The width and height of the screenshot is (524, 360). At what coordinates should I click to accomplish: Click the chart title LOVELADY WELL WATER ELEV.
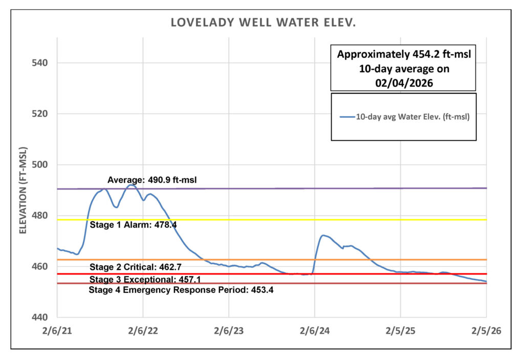[x=264, y=23]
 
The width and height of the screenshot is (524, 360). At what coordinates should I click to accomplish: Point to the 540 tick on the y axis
[x=40, y=63]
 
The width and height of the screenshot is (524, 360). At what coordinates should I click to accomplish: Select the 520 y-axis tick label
[x=40, y=114]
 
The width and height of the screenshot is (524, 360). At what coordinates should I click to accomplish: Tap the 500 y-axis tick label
[x=40, y=165]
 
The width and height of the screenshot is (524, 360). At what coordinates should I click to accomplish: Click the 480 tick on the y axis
[x=40, y=216]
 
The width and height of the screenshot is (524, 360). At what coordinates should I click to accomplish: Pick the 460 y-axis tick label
[x=40, y=267]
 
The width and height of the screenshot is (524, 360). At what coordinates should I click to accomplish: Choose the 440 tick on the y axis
[x=40, y=317]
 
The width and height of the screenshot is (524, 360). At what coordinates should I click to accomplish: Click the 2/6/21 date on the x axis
[x=57, y=331]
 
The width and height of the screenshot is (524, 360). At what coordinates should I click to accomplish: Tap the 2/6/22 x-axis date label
[x=143, y=331]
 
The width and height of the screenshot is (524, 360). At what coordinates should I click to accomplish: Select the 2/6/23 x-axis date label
[x=229, y=331]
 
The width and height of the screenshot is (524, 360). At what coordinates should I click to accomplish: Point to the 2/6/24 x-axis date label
[x=315, y=331]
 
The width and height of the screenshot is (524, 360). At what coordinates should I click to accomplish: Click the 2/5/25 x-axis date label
[x=400, y=331]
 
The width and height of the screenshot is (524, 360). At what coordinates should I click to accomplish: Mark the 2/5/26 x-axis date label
[x=486, y=331]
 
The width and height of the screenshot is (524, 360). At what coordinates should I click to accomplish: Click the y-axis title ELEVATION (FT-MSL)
[x=23, y=190]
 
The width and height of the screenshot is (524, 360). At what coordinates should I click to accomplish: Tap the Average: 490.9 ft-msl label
[x=152, y=180]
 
